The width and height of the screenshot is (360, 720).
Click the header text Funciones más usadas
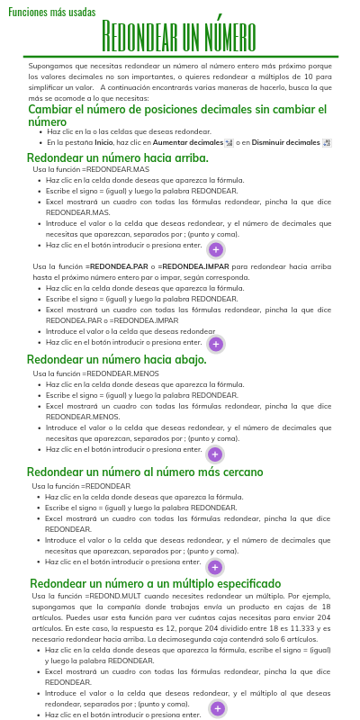point(51,13)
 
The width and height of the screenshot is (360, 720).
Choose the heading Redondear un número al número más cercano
point(145,472)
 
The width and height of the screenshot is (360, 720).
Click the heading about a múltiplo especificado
point(155,583)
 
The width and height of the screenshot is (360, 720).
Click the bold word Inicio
point(103,142)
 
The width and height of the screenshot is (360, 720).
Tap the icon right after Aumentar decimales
point(229,142)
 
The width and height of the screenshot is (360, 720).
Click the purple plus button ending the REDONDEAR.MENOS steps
point(215,454)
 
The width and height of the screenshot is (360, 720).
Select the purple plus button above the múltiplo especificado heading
point(215,567)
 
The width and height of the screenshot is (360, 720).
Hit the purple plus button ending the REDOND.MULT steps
point(217,709)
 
